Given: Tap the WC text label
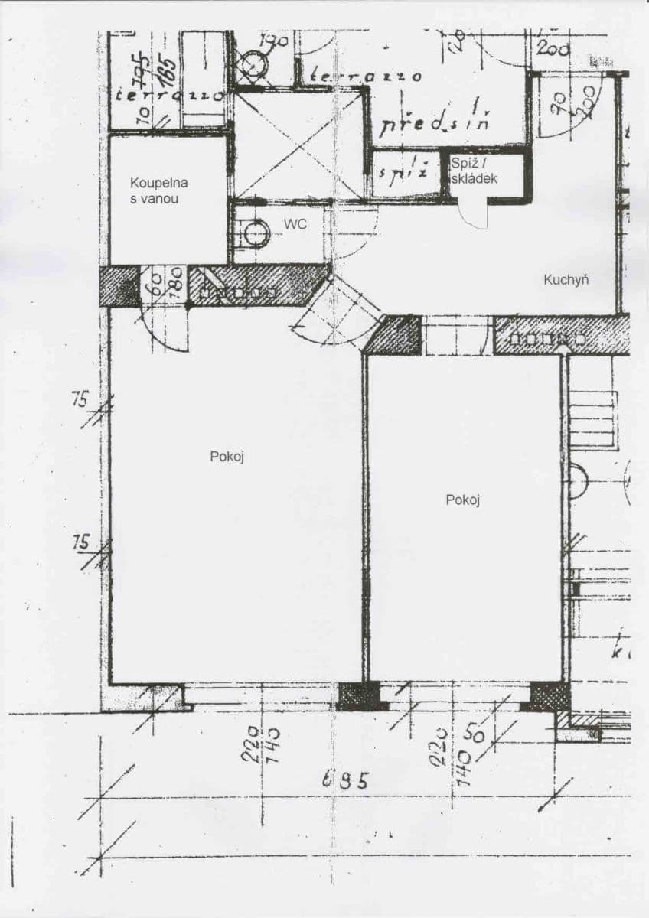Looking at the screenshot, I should [295, 224].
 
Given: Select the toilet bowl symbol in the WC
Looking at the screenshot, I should [254, 233].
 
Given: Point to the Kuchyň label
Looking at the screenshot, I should [566, 279].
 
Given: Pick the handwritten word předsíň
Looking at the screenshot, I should [434, 122].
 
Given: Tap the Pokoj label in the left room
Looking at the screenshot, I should [227, 456].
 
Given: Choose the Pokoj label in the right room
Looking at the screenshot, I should [462, 500].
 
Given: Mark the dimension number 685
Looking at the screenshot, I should [345, 780].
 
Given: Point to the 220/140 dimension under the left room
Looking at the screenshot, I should [261, 744].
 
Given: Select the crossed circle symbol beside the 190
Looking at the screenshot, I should [249, 67].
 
